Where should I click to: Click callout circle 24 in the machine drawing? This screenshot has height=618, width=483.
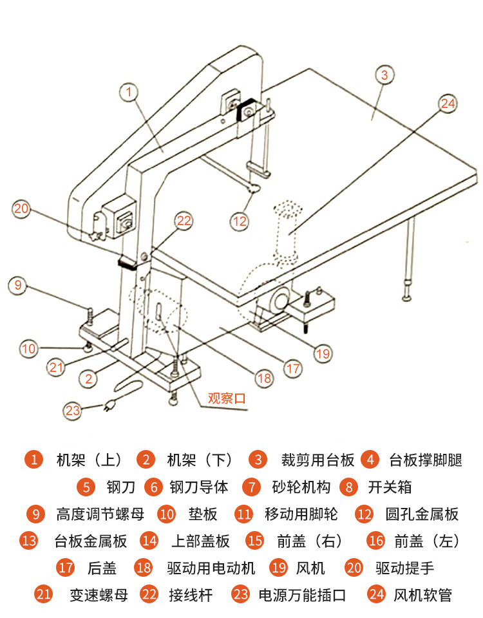tap(448, 103)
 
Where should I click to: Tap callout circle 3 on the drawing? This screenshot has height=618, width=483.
tap(384, 75)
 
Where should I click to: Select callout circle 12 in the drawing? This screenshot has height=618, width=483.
tap(240, 221)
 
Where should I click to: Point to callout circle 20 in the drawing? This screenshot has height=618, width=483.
tap(21, 209)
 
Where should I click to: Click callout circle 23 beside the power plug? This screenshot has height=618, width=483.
tap(72, 409)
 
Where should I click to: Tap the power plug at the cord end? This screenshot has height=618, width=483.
tap(110, 406)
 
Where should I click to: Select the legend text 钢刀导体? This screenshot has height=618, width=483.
tap(199, 487)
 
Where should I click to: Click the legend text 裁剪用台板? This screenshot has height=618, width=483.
tap(317, 460)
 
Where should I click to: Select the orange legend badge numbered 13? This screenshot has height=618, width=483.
tap(30, 541)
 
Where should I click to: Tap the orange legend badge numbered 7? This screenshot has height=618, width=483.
tap(252, 487)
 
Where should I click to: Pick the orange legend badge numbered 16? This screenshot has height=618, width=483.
tap(376, 541)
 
